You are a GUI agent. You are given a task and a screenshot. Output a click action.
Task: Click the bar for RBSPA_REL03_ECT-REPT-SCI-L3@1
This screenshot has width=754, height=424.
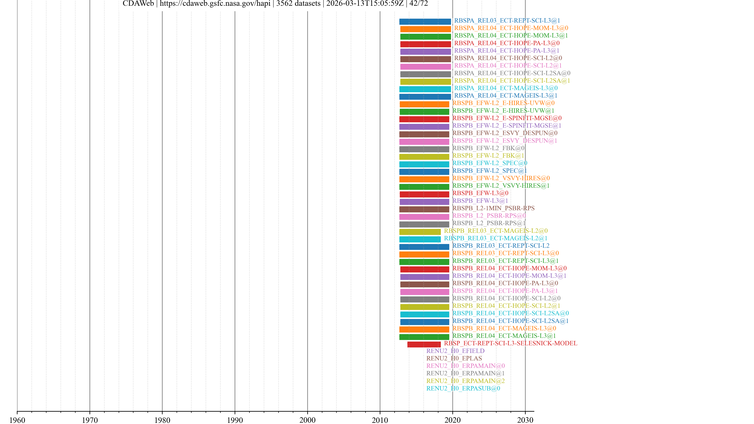[425, 22]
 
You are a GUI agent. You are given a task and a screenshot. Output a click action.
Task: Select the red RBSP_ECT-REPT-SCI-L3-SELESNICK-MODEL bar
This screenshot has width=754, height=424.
[424, 344]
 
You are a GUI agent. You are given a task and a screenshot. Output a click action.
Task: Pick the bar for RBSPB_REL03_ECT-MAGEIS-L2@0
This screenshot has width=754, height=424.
[420, 232]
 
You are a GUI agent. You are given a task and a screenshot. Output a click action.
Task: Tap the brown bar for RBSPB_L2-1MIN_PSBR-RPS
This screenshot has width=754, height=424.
[424, 209]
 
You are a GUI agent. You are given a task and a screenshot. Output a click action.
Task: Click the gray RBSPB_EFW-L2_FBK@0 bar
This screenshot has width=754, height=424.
[424, 149]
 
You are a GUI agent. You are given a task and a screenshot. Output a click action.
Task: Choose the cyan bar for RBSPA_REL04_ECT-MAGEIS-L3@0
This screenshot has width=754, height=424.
[425, 89]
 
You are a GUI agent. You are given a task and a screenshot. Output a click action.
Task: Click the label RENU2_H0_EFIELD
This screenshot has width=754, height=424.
[455, 351]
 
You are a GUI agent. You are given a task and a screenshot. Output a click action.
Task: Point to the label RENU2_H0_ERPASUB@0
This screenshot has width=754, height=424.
[463, 388]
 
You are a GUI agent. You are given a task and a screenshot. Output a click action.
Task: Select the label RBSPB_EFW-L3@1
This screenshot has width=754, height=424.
[480, 201]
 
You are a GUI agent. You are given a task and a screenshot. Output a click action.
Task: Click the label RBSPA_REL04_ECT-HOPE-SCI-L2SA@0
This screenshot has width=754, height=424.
[512, 73]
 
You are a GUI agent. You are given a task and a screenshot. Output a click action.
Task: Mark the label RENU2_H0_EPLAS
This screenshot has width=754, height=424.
[454, 358]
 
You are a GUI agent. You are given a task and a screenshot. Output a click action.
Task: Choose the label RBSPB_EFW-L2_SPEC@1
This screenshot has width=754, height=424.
[489, 171]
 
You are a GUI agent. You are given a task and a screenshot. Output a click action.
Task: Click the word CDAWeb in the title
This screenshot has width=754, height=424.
[138, 4]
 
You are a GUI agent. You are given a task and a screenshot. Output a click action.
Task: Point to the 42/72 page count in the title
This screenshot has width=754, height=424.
[419, 4]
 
